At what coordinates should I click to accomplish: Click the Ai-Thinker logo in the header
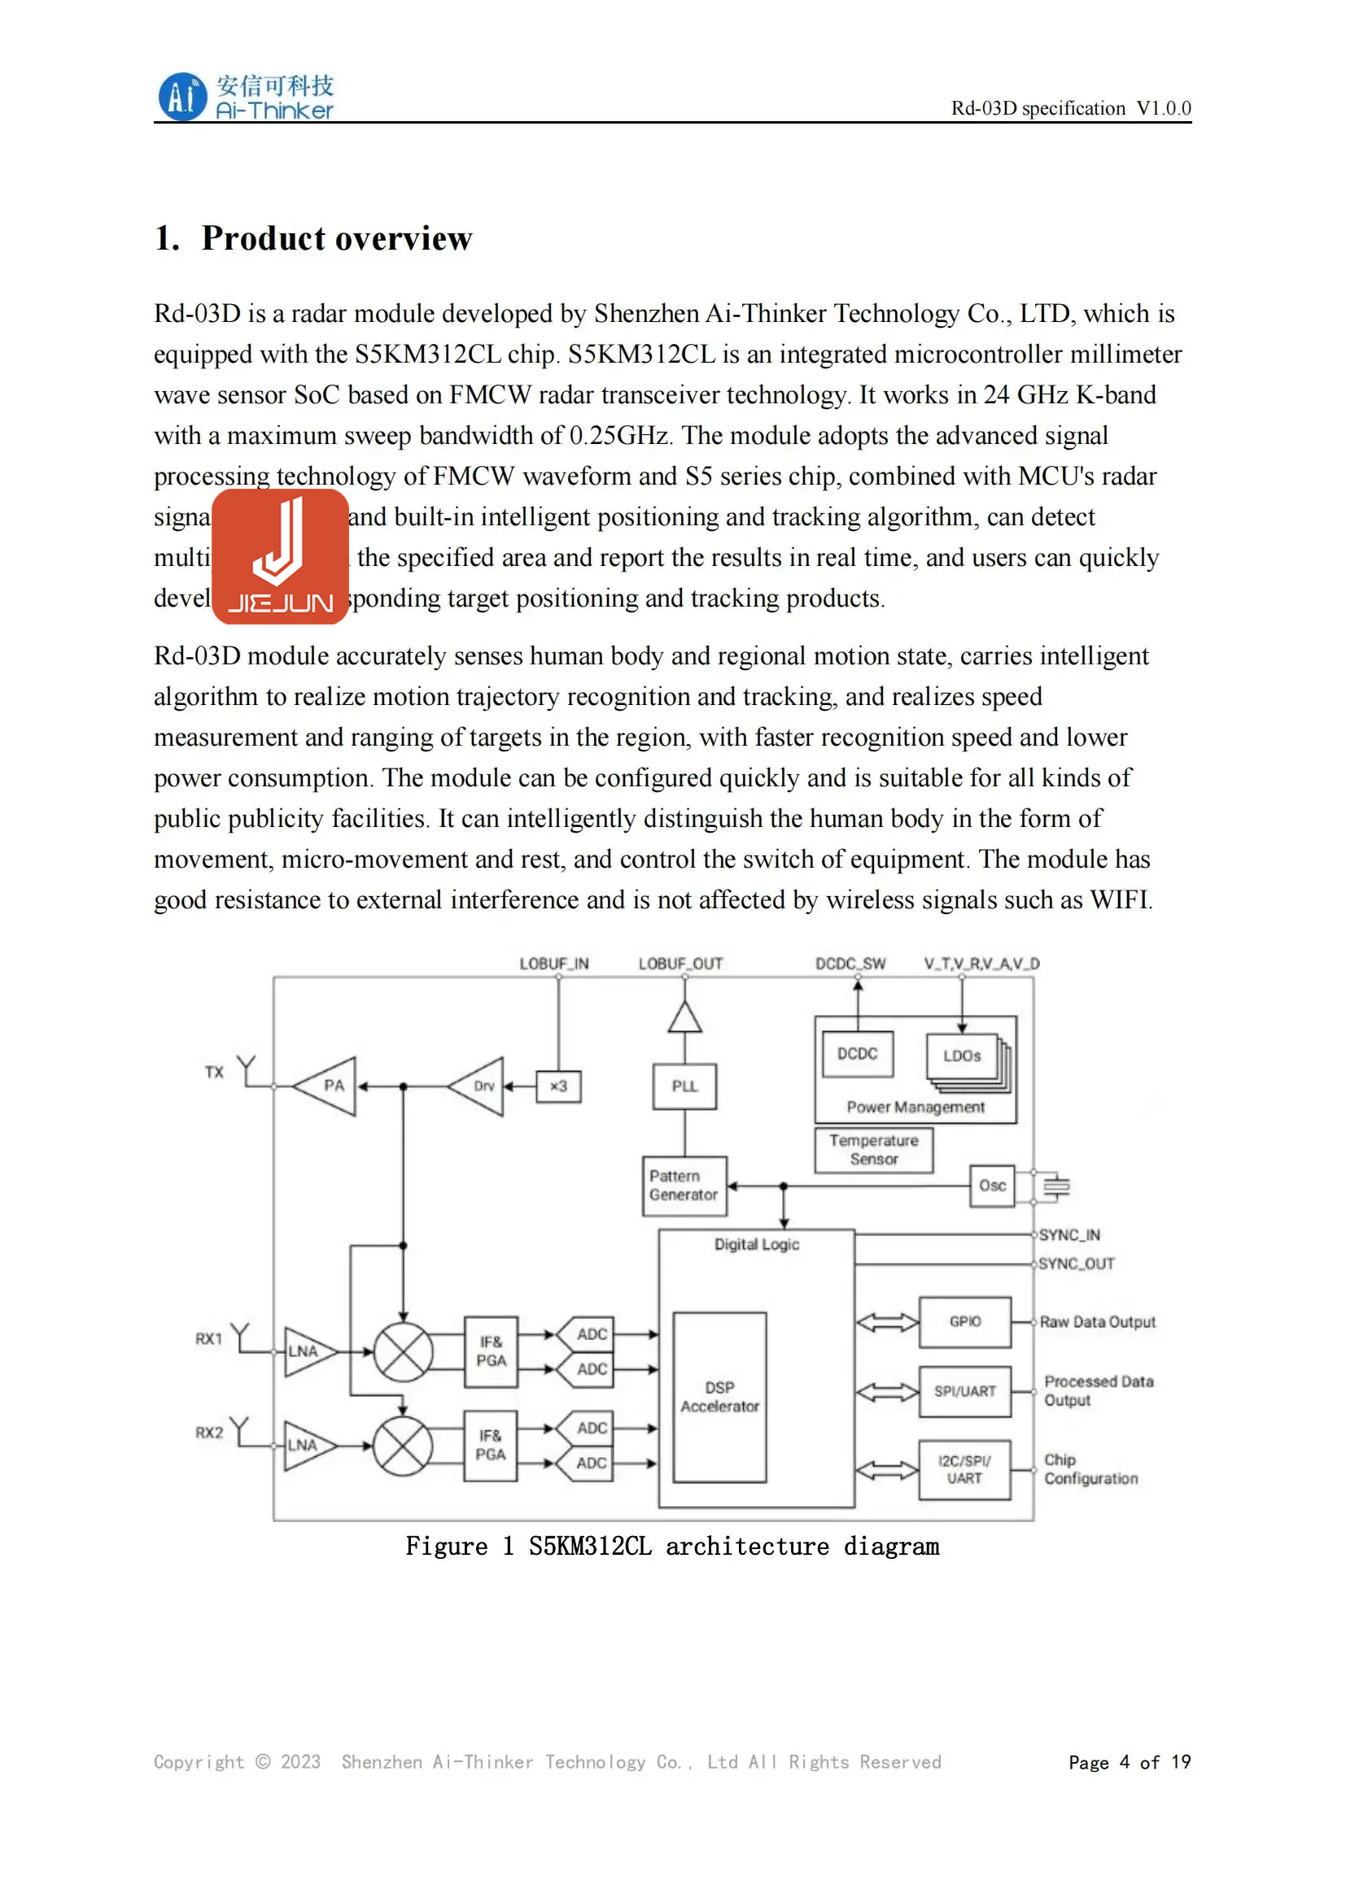point(245,97)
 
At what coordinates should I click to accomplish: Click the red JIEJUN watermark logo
point(280,557)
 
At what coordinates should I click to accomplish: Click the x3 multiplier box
point(558,1086)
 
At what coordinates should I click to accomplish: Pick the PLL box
point(684,1086)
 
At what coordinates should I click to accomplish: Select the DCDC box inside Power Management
point(857,1054)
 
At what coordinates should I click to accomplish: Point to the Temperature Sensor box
point(873,1150)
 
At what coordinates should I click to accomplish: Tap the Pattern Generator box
point(684,1186)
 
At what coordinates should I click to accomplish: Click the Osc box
point(992,1186)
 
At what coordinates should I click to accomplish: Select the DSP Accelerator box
point(719,1397)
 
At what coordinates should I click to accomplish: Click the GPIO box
point(965,1322)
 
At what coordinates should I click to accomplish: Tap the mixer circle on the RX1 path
point(403,1352)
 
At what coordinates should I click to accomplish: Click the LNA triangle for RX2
point(306,1446)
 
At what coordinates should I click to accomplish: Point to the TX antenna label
point(214,1072)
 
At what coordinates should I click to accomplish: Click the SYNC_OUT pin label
point(1077,1264)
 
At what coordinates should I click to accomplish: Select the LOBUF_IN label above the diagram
point(553,964)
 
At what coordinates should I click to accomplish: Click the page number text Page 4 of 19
point(1129,1762)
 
